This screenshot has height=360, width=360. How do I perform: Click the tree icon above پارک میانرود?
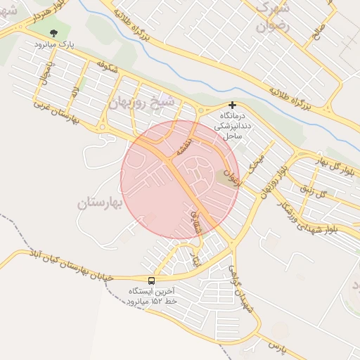[x=55, y=33]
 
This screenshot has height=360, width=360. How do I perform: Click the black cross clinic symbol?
[x=232, y=105]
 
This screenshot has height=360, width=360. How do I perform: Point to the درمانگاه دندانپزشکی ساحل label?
[x=231, y=124]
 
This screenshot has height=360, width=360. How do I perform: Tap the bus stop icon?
[x=152, y=280]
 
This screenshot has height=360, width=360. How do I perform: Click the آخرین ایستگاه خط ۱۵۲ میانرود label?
[x=153, y=295]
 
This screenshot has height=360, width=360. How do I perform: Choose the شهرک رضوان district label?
[x=267, y=18]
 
